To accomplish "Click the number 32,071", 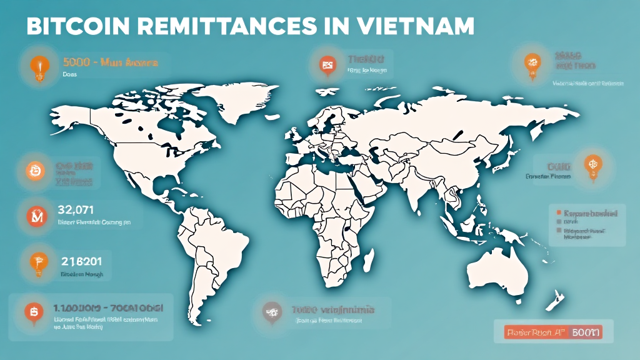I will coord(76,209).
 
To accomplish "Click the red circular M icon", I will coord(32,217).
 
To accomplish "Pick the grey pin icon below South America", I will coord(271,310).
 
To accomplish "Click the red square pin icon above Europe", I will coord(326,63).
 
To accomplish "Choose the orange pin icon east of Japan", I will coord(591,165).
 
